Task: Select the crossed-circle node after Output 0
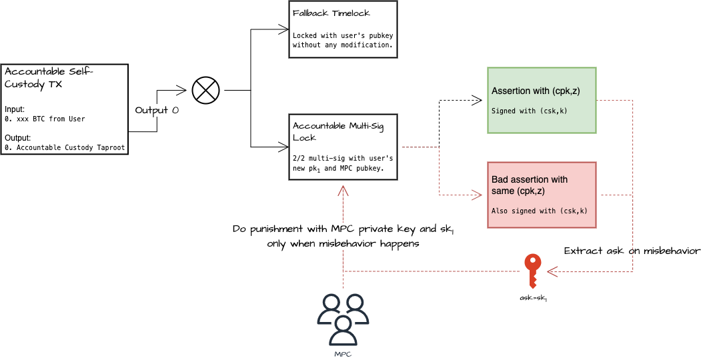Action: pyautogui.click(x=205, y=90)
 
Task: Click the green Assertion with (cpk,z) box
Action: pyautogui.click(x=541, y=100)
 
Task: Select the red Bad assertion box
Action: pyautogui.click(x=541, y=195)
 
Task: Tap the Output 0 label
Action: pyautogui.click(x=157, y=109)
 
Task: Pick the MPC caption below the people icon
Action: pyautogui.click(x=342, y=354)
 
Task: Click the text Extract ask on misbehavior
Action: pyautogui.click(x=632, y=251)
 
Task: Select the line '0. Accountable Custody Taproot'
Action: pyautogui.click(x=64, y=147)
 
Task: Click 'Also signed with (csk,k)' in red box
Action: pyautogui.click(x=539, y=211)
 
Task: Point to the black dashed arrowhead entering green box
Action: pyautogui.click(x=478, y=100)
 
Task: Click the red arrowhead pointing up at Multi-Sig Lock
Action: pyautogui.click(x=343, y=189)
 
